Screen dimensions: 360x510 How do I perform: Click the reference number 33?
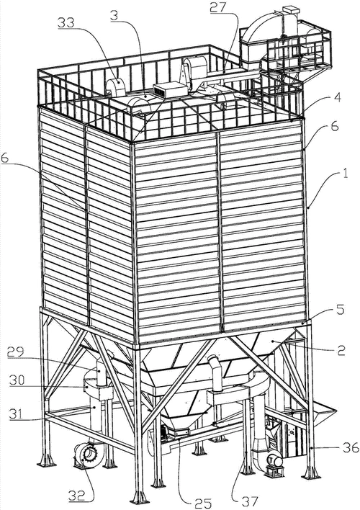[x=66, y=23]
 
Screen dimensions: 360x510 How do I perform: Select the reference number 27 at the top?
[x=217, y=6]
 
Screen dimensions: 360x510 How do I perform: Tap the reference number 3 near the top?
[x=114, y=17]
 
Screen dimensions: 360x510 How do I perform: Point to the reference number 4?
[x=338, y=97]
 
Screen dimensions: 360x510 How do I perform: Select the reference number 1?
[x=344, y=172]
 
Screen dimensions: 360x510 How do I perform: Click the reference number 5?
[x=340, y=309]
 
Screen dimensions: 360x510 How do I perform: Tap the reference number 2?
[x=341, y=349]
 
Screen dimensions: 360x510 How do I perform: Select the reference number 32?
[x=77, y=496]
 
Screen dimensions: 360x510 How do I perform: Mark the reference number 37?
[x=248, y=500]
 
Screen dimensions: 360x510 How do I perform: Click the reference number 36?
[x=350, y=448]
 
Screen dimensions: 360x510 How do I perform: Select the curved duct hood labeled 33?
[x=116, y=86]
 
